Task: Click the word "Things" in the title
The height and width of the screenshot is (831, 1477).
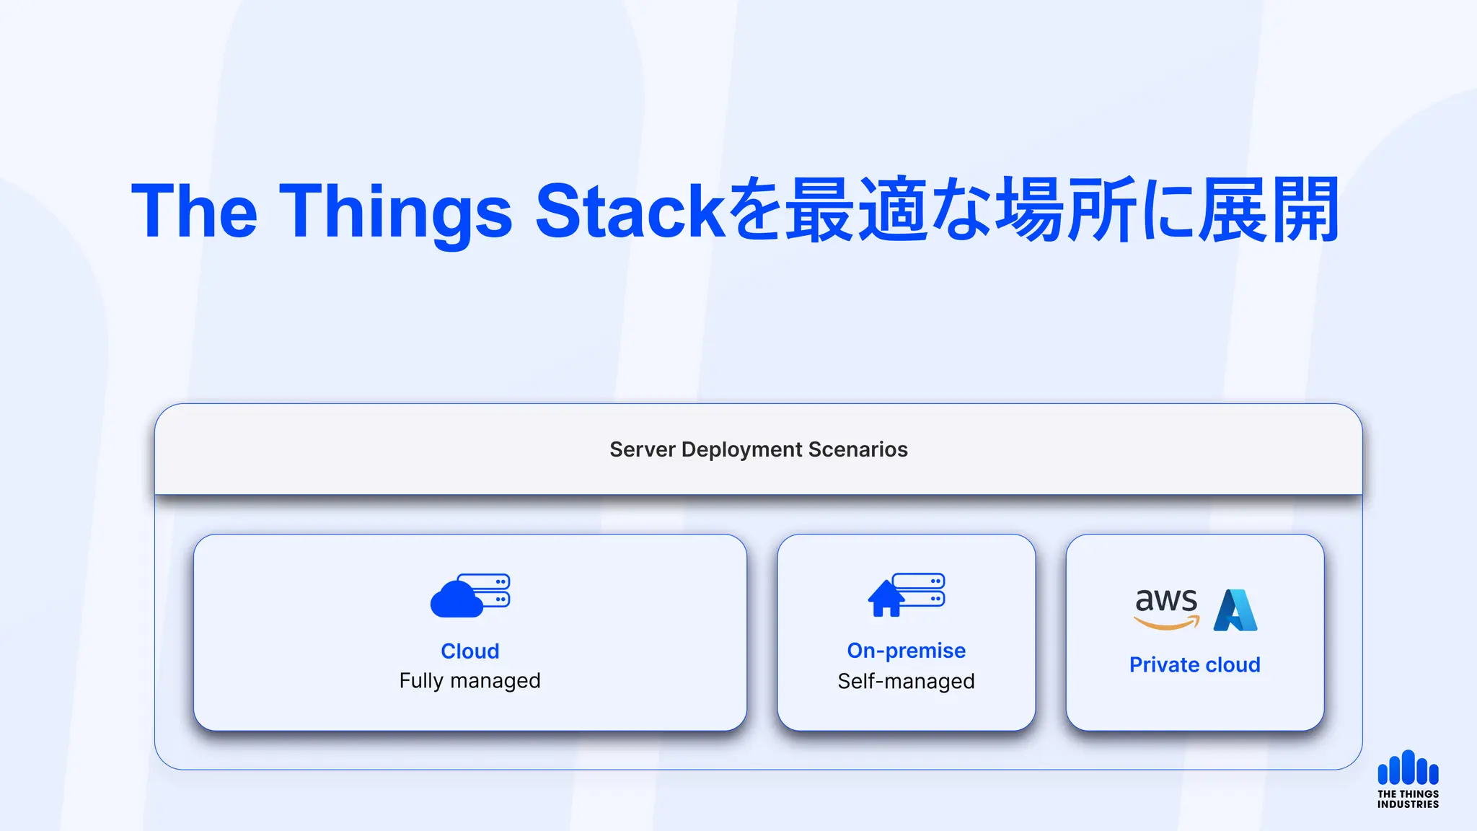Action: (395, 211)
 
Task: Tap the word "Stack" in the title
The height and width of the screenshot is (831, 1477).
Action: (630, 211)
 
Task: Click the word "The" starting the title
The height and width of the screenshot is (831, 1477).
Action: (194, 211)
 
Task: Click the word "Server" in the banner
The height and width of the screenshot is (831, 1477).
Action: (642, 449)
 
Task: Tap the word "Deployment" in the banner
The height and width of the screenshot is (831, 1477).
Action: (741, 450)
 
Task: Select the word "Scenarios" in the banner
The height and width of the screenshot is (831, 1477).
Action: (857, 449)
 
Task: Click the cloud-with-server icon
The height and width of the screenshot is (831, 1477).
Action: (470, 595)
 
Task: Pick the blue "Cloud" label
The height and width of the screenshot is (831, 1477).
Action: (470, 651)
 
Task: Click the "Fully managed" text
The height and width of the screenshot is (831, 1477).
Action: (470, 681)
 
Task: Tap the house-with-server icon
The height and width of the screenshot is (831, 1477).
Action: (907, 595)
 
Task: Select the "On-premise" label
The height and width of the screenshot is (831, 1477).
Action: (907, 651)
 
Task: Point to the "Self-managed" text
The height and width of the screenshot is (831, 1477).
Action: (907, 681)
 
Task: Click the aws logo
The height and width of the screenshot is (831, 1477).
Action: (1166, 608)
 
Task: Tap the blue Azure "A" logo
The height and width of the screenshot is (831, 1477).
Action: (1235, 610)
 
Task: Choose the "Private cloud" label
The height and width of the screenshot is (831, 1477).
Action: (1195, 664)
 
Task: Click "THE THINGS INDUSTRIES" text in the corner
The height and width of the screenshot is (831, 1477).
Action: (1408, 799)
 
